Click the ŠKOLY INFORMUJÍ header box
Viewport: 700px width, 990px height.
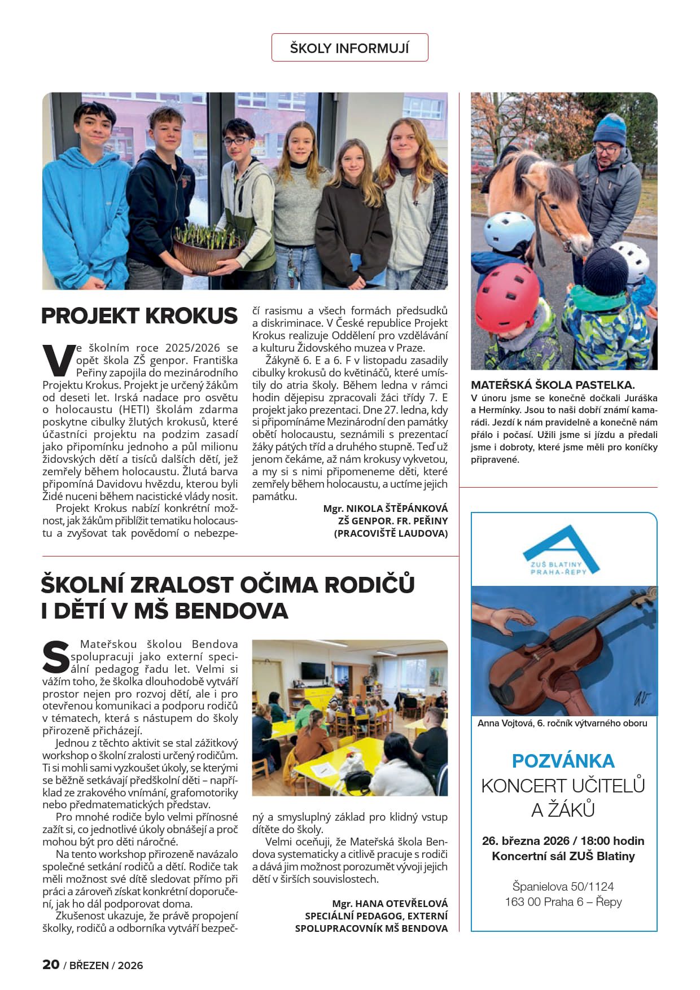(x=349, y=48)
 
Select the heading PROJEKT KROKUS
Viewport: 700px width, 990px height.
(x=139, y=316)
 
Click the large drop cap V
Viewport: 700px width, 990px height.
(x=58, y=360)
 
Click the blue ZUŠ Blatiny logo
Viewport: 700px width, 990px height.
(x=561, y=551)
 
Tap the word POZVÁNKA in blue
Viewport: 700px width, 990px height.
(x=563, y=761)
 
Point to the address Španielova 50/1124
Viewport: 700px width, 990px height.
(x=563, y=886)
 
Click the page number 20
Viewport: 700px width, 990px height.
(x=51, y=965)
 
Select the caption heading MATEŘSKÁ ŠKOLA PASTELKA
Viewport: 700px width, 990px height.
(x=553, y=386)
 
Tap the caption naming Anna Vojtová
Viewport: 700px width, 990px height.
(x=562, y=723)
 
